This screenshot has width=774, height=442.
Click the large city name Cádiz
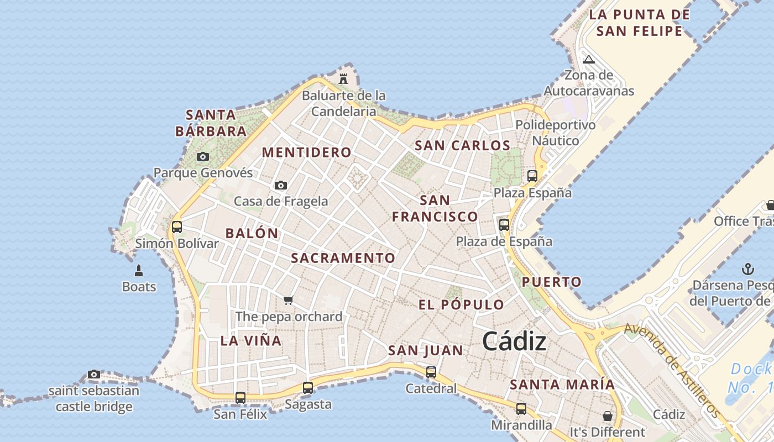click(x=514, y=341)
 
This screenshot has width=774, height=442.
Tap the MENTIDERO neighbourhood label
click(x=306, y=152)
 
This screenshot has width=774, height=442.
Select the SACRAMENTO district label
click(x=343, y=258)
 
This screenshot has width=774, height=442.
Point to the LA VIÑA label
click(x=251, y=340)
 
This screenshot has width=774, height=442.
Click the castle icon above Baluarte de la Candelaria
click(x=343, y=79)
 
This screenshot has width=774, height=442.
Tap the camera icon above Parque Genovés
click(x=203, y=157)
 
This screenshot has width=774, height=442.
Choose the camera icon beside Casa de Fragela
click(x=281, y=186)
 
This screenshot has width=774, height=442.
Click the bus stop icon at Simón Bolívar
click(x=177, y=227)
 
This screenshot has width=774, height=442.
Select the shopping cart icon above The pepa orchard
click(x=288, y=301)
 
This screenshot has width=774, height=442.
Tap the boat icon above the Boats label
click(x=139, y=271)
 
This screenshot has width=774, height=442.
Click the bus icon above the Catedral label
click(x=431, y=372)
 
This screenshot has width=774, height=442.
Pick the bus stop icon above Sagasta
click(x=308, y=388)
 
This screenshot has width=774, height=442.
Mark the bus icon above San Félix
click(x=240, y=397)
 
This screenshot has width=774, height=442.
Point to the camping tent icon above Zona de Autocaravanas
click(x=589, y=59)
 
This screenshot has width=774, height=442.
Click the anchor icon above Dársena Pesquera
click(x=747, y=270)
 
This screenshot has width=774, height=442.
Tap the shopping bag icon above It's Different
click(x=608, y=415)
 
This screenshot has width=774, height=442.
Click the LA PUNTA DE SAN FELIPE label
click(x=639, y=23)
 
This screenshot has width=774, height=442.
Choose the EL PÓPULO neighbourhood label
click(x=461, y=305)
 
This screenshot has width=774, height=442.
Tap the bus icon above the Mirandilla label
click(x=521, y=409)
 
